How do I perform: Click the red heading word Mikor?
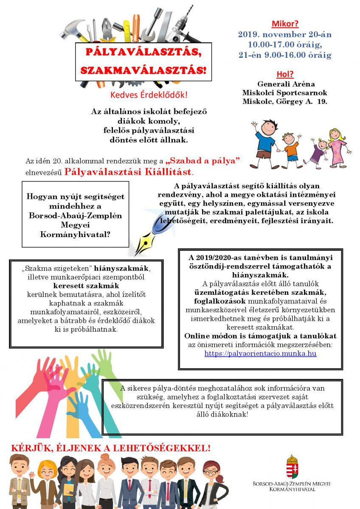(x=284, y=24)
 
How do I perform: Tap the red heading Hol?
(x=285, y=74)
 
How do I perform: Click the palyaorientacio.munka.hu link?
(x=260, y=353)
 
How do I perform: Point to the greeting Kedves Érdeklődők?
(x=149, y=95)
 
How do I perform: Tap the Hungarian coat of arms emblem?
(x=292, y=467)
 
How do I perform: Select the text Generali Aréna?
(x=286, y=84)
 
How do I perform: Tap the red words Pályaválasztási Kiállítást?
(x=128, y=172)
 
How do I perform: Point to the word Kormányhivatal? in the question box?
(x=76, y=234)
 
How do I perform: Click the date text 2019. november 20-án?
(x=284, y=35)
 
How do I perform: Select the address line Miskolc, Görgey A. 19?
(x=284, y=102)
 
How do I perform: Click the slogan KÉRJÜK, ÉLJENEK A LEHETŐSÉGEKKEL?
(x=110, y=448)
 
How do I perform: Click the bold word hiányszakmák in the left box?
(x=122, y=268)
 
